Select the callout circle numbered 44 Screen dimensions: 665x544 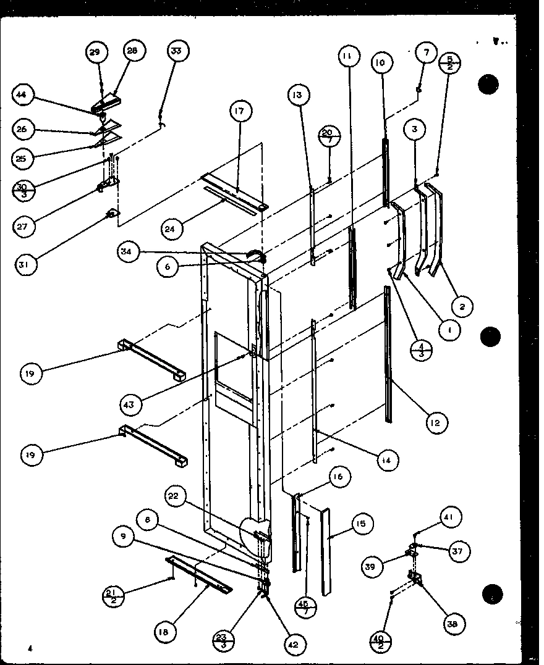point(22,94)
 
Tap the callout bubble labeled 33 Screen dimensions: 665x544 point(176,52)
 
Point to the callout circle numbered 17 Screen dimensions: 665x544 point(239,112)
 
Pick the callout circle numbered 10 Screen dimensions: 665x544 point(380,62)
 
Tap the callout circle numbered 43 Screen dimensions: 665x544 point(131,404)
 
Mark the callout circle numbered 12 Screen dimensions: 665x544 point(436,422)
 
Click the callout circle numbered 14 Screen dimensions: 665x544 point(386,460)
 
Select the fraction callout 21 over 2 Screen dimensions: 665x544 point(114,596)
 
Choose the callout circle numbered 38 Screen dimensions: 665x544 point(456,624)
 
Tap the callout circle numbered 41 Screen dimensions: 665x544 point(451,517)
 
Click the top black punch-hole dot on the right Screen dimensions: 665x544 point(488,84)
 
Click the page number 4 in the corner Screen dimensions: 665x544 point(29,648)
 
